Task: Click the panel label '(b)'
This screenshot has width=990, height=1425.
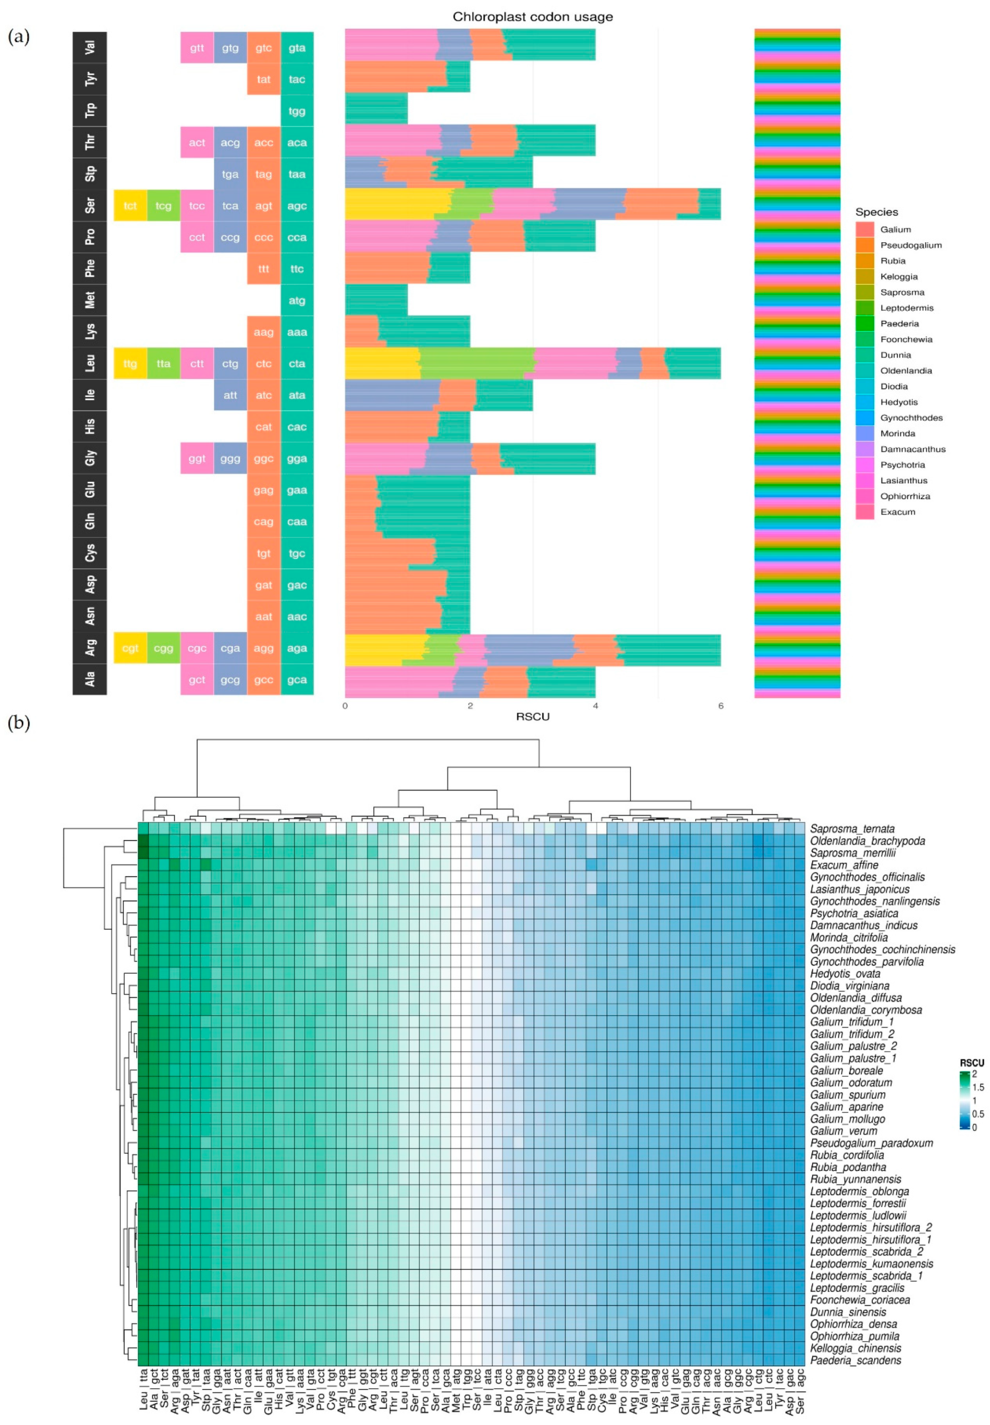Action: coord(19,723)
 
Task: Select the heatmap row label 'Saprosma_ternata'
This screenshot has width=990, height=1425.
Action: coord(852,828)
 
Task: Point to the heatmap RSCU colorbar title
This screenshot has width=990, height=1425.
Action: coord(971,1062)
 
